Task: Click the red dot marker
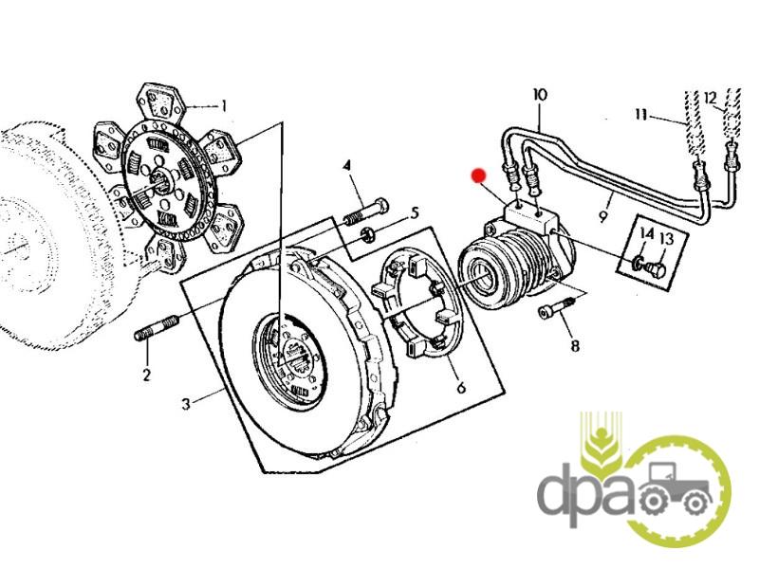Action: [479, 175]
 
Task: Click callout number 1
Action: [224, 105]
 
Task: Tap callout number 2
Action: [147, 374]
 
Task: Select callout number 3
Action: [186, 404]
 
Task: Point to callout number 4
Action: [346, 167]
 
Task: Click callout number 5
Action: [415, 212]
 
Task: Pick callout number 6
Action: [461, 387]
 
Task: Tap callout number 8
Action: [575, 346]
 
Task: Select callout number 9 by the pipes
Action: [602, 216]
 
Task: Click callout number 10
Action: [540, 94]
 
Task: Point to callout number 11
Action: [641, 115]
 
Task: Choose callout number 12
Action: [710, 99]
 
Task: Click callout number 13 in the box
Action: [667, 239]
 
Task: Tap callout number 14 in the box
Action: [647, 234]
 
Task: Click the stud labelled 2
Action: [157, 327]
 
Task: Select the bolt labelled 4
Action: [366, 212]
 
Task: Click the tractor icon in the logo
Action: [676, 489]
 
